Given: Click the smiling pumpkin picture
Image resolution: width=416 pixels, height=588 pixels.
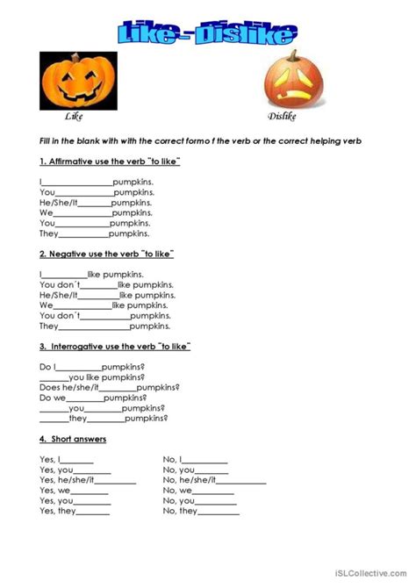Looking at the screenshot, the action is (78, 81).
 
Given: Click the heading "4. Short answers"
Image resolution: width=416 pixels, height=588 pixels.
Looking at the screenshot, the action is (73, 438).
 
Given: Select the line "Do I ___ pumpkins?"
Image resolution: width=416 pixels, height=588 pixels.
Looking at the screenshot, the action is (92, 366).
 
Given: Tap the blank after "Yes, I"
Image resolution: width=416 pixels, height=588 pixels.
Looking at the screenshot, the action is (77, 461).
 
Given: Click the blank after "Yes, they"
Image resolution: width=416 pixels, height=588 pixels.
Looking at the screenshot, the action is (94, 513).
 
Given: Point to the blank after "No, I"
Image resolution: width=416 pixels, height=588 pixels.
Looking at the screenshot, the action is (205, 461).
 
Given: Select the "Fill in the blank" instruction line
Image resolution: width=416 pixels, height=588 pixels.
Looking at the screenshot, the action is (201, 141).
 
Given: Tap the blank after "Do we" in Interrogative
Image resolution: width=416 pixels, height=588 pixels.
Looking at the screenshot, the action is (83, 398).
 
